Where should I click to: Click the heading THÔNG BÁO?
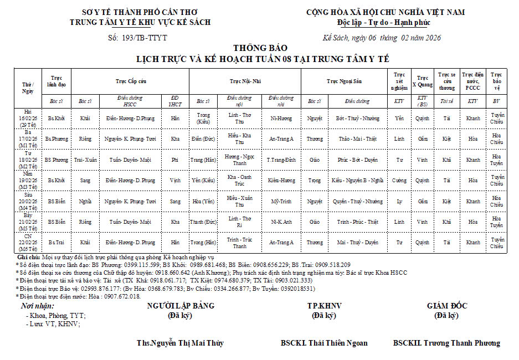coord(260,48)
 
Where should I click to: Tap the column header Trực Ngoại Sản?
coord(343,81)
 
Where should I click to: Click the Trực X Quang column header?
coord(423,81)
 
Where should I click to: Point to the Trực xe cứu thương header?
coord(446,81)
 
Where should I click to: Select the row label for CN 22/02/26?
coord(28,243)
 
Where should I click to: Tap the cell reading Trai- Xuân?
coord(85,160)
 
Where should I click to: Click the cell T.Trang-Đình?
coord(281,160)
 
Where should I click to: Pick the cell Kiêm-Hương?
coord(281,181)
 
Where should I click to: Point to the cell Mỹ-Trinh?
coord(281,202)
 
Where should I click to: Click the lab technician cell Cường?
coord(399,181)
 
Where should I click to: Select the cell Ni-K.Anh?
coord(281,222)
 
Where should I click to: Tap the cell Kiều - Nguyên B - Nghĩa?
coord(357,181)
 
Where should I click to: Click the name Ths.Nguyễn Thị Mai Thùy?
coord(180,343)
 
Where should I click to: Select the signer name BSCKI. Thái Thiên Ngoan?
coord(323,343)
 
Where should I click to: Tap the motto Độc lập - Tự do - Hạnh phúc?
coord(383,23)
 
